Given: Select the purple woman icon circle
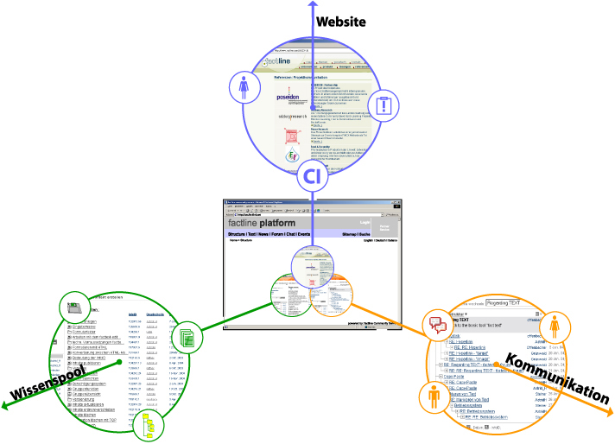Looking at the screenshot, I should [243, 86].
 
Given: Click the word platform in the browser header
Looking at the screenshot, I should [299, 222].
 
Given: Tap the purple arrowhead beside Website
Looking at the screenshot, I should [313, 6].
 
